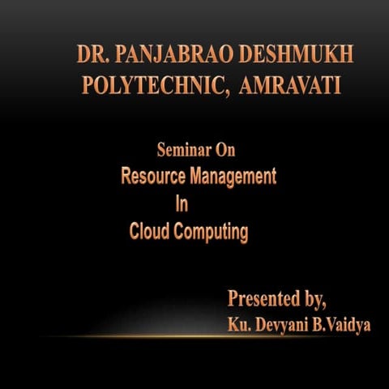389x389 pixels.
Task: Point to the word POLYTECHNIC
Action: pos(152,85)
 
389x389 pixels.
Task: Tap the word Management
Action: pos(233,176)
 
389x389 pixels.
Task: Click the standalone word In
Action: pos(182,204)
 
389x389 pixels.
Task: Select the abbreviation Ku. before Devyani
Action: pos(240,325)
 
